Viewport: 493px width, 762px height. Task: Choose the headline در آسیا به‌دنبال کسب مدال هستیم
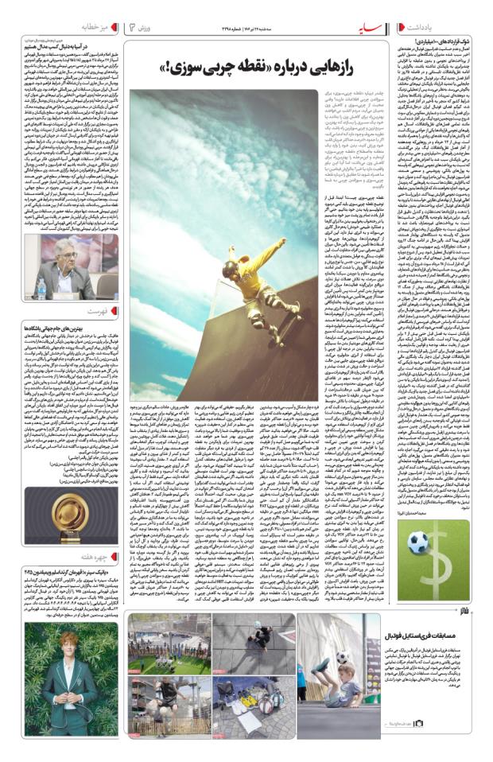point(72,47)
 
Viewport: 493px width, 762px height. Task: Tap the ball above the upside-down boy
point(339,658)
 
